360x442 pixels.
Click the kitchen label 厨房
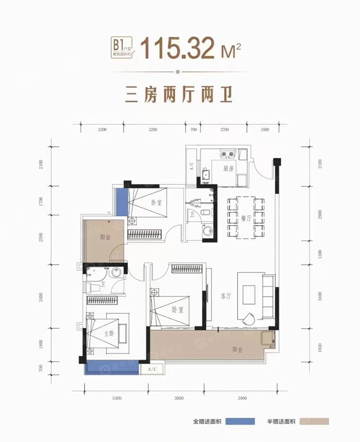(228, 168)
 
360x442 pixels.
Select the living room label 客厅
(226, 296)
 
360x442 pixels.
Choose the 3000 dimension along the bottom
(179, 398)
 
